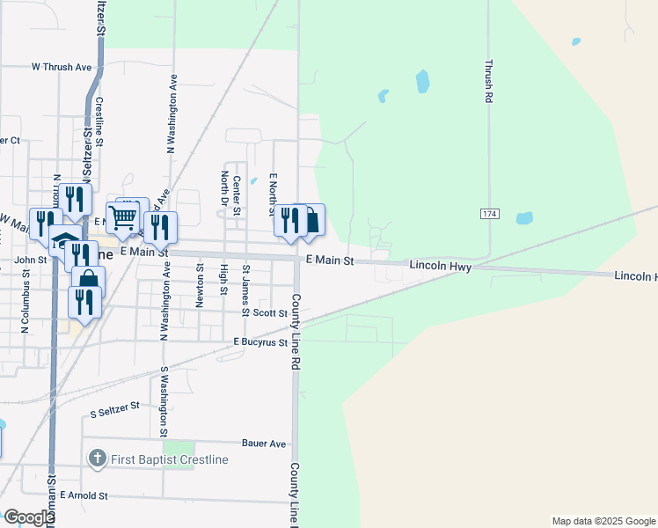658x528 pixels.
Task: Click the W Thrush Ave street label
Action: pos(62,66)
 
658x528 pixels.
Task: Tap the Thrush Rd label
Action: pos(488,82)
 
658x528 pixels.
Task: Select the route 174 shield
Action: pos(490,215)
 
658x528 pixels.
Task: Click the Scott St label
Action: pos(270,312)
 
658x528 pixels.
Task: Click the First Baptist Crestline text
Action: pos(169,459)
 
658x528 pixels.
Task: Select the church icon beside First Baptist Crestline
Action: pos(97,459)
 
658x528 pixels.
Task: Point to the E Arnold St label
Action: pos(84,496)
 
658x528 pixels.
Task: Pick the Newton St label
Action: pos(201,285)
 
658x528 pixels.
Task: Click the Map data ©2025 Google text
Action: pos(603,521)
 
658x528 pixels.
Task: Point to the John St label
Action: pos(30,260)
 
